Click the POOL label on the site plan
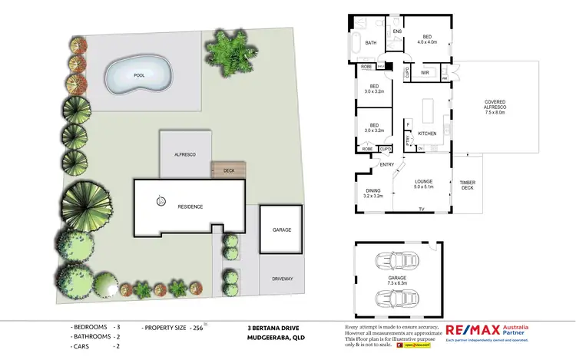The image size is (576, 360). [139, 75]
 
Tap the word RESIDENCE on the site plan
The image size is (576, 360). [190, 207]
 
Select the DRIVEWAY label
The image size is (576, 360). [283, 279]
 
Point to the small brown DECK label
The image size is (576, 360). [229, 170]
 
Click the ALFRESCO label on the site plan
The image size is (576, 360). [185, 154]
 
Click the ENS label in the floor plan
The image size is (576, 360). [397, 31]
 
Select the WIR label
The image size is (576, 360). [425, 73]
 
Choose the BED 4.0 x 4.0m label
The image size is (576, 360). [427, 39]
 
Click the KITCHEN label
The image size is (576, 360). [427, 134]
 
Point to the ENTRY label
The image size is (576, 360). [386, 163]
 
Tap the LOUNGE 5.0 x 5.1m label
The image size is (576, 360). [424, 183]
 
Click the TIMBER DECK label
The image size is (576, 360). [468, 185]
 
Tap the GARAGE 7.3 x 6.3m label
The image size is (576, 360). [397, 280]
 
